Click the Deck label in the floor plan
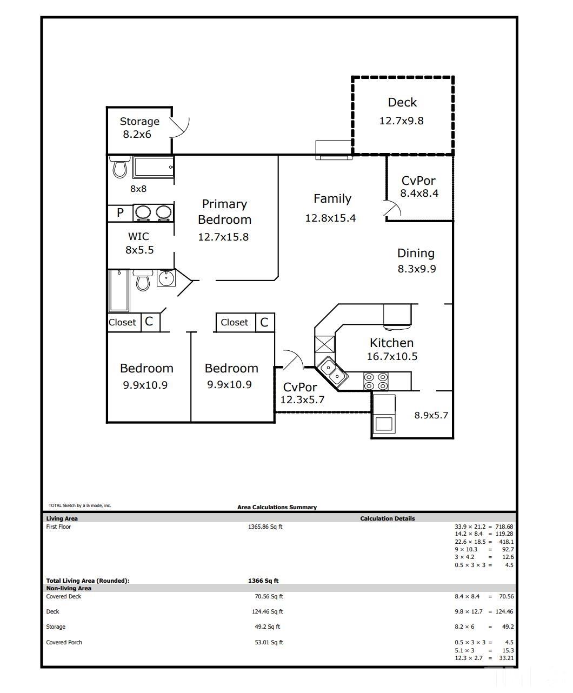[x=402, y=102]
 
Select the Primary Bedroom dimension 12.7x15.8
[x=223, y=237]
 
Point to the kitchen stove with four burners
[x=376, y=381]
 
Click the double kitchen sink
[x=332, y=372]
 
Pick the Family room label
[x=332, y=198]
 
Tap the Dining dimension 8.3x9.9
[x=417, y=269]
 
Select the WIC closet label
[x=138, y=236]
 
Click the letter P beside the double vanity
[x=120, y=212]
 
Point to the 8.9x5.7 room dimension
[x=431, y=415]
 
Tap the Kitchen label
[x=392, y=343]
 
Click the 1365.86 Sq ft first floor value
[x=265, y=527]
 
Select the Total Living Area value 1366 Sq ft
[x=263, y=581]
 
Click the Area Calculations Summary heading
[x=277, y=507]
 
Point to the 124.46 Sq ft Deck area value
[x=267, y=611]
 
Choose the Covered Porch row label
[x=64, y=642]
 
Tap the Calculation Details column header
[x=388, y=518]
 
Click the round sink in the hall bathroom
[x=166, y=278]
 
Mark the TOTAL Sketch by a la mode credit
[x=79, y=505]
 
